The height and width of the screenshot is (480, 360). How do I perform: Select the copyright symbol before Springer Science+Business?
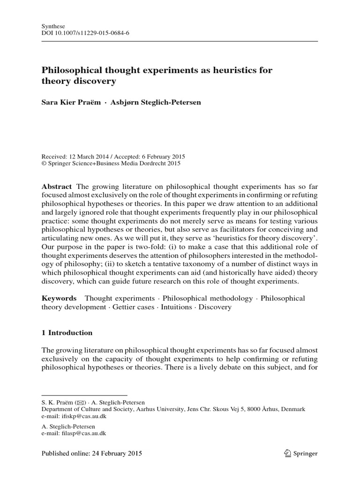[x=44, y=164]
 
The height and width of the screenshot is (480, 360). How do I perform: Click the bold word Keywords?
[x=59, y=298]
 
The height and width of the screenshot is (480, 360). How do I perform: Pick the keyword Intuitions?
[x=176, y=307]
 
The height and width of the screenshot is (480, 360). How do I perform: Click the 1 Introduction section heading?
[x=67, y=333]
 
